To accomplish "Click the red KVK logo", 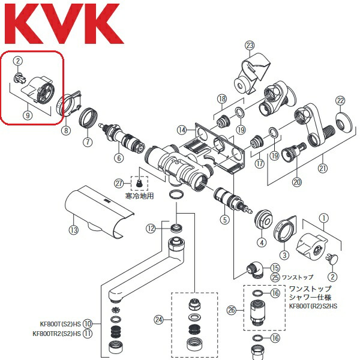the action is pyautogui.click(x=64, y=23).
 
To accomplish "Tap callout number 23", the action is pyautogui.click(x=250, y=45).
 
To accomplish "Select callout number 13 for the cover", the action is pyautogui.click(x=74, y=230).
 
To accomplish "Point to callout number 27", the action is pyautogui.click(x=119, y=184).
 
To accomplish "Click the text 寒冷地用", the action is pyautogui.click(x=139, y=196).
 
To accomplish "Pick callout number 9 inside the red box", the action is pyautogui.click(x=28, y=115).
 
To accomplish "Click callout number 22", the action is pyautogui.click(x=340, y=101).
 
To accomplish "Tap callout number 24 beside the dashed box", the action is pyautogui.click(x=159, y=319).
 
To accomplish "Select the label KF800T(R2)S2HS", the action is pyautogui.click(x=313, y=306).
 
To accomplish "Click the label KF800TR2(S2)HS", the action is pyautogui.click(x=57, y=334).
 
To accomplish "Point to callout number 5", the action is pyautogui.click(x=225, y=220).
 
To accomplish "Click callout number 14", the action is pyautogui.click(x=182, y=130).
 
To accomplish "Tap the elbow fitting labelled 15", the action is pyautogui.click(x=254, y=270).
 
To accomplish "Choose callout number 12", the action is pyautogui.click(x=151, y=229).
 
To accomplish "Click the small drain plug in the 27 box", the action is pyautogui.click(x=139, y=184).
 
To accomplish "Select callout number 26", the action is pyautogui.click(x=232, y=310).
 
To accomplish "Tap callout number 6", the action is pyautogui.click(x=119, y=158).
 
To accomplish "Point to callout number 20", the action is pyautogui.click(x=297, y=182).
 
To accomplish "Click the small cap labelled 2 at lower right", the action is pyautogui.click(x=332, y=259).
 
